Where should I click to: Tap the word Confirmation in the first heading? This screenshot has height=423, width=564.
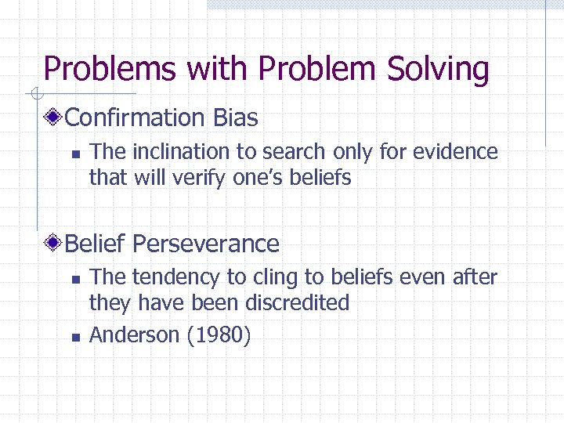[x=135, y=118]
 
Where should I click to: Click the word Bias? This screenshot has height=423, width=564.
[x=235, y=118]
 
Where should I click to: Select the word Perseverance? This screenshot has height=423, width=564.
[x=206, y=244]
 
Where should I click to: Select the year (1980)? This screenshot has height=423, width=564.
[x=219, y=335]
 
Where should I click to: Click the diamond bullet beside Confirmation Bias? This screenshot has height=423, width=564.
[x=53, y=119]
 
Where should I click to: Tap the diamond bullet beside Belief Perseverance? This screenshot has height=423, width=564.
[x=53, y=244]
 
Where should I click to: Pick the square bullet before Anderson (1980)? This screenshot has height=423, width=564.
[x=74, y=337]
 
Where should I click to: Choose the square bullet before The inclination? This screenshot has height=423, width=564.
[x=74, y=154]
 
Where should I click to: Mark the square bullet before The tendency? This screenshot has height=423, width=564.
[x=74, y=278]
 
